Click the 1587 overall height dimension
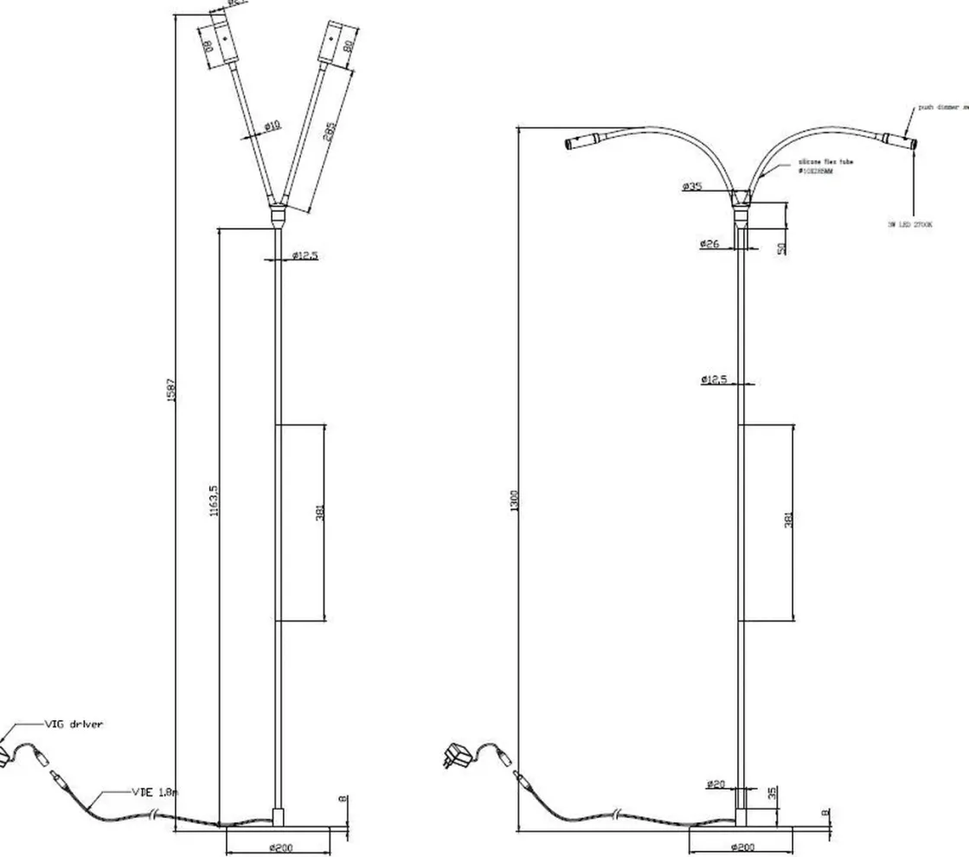point(172,390)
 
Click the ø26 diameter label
point(709,245)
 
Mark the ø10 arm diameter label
point(271,127)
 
